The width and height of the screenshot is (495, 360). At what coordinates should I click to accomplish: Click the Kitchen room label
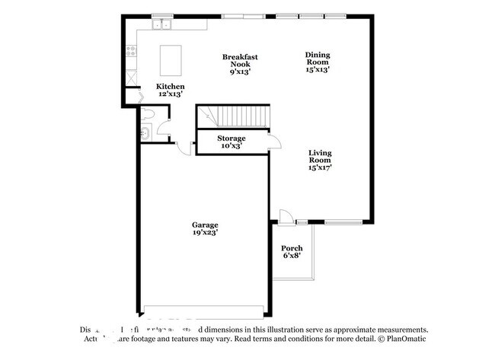[x=170, y=86]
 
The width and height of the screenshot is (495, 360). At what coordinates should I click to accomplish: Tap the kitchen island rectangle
[x=169, y=57]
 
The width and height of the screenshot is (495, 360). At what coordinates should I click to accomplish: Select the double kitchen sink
[x=161, y=25]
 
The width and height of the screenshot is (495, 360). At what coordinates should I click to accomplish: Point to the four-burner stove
[x=131, y=52]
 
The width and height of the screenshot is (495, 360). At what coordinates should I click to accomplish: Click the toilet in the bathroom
[x=150, y=115]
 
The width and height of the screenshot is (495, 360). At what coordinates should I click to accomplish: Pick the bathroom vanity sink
[x=143, y=133]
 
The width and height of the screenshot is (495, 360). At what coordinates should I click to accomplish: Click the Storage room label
[x=231, y=138]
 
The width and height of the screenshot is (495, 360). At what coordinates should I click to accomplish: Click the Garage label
[x=205, y=225]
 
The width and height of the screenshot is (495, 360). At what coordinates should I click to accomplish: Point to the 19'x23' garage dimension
[x=205, y=234]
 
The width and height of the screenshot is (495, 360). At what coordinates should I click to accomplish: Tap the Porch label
[x=292, y=248]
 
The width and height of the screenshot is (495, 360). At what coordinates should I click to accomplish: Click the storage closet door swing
[x=276, y=142]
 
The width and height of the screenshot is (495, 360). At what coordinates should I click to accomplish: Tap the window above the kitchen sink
[x=161, y=15]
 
